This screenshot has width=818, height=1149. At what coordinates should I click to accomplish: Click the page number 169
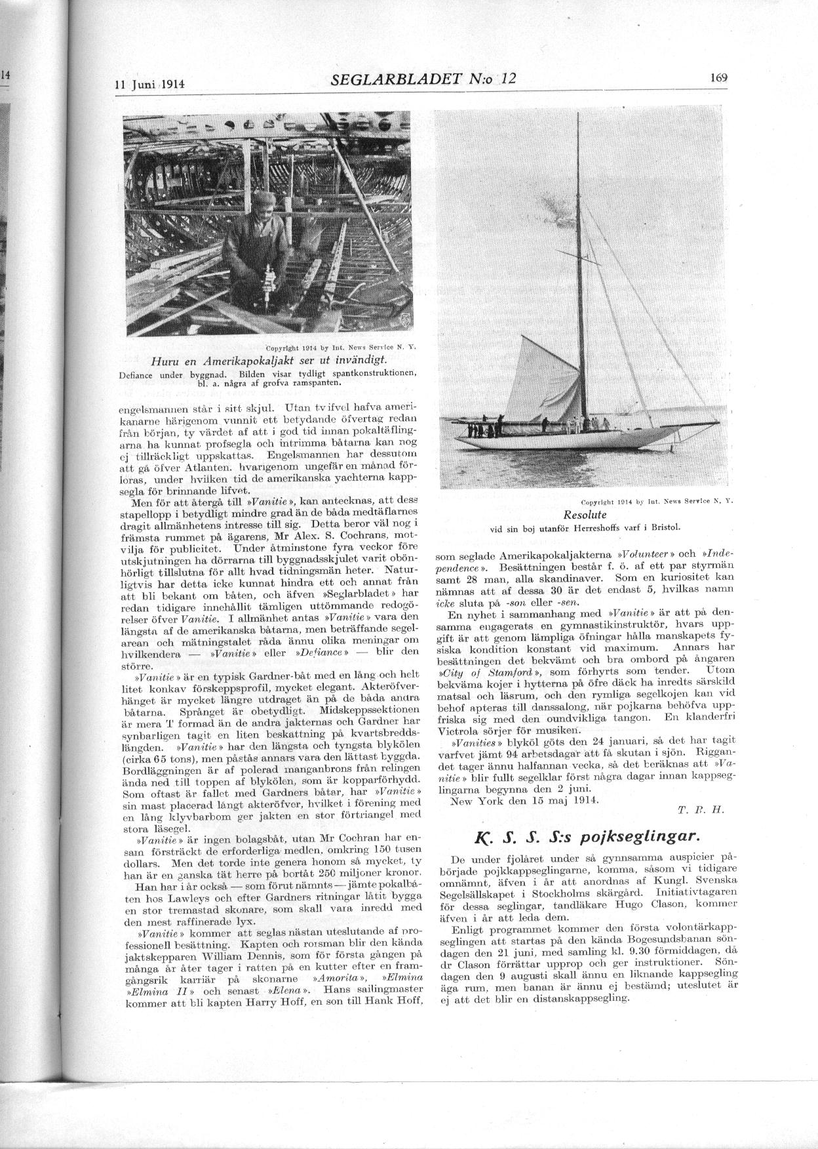[x=718, y=77]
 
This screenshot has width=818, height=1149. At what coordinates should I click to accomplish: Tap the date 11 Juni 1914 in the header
[x=149, y=85]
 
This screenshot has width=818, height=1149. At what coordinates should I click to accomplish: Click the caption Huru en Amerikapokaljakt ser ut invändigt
[x=269, y=361]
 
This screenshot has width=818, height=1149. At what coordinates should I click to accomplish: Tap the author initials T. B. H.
[x=699, y=809]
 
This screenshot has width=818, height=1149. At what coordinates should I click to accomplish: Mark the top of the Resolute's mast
[x=579, y=115]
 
